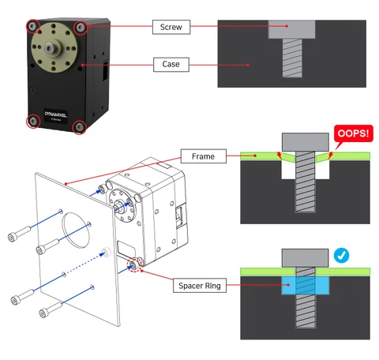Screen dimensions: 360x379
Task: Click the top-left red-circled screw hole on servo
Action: pyautogui.click(x=32, y=26)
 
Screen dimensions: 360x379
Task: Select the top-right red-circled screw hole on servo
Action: pyautogui.click(x=81, y=28)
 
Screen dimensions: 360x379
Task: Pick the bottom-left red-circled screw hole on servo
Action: pyautogui.click(x=33, y=121)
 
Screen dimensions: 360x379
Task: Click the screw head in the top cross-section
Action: pyautogui.click(x=289, y=30)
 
